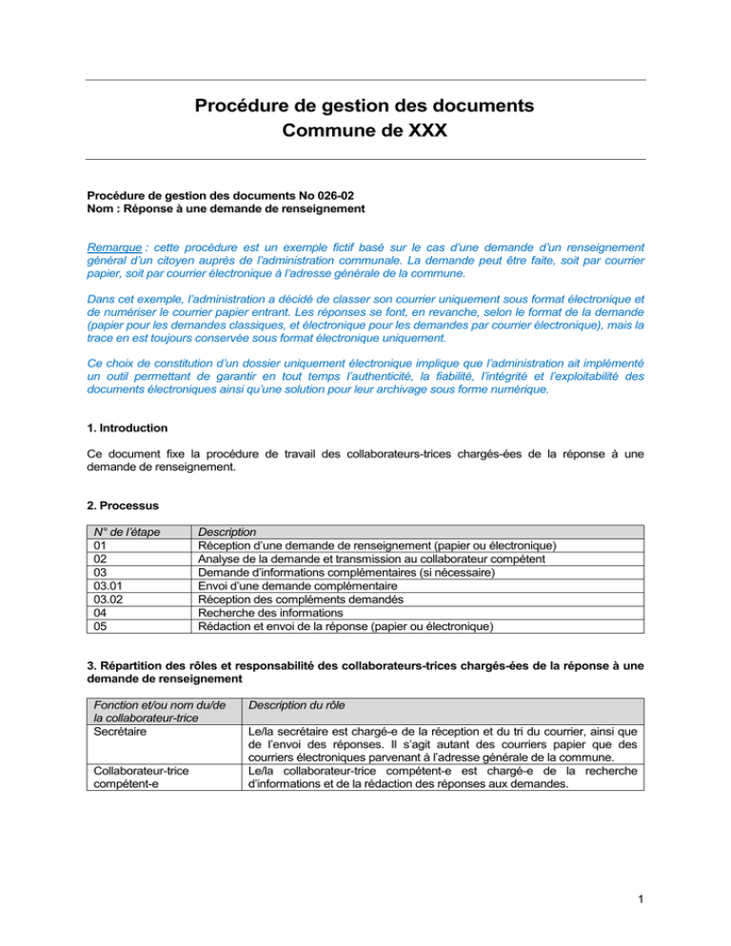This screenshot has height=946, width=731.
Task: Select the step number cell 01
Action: point(93,544)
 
